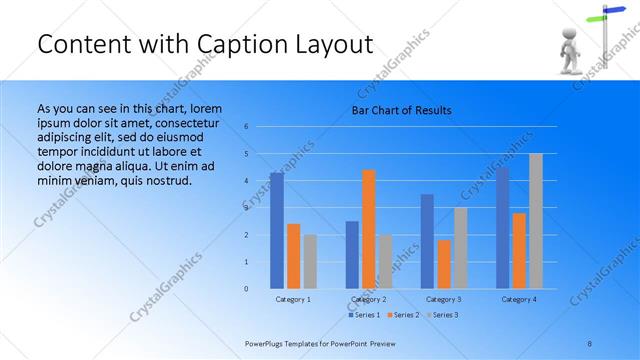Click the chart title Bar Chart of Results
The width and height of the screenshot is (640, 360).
400,110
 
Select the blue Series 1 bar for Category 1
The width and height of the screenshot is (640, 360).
277,230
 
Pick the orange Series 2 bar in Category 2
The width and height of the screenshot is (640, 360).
369,229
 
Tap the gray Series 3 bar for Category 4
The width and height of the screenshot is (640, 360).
536,221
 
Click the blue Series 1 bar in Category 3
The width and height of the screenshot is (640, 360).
427,241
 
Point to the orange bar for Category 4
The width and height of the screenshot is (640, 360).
519,250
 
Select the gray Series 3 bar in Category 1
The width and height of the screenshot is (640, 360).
310,261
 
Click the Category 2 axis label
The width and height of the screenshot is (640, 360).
369,299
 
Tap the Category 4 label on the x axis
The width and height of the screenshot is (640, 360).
519,299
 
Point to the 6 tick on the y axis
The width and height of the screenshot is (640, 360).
247,127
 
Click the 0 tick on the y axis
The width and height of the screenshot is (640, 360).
247,289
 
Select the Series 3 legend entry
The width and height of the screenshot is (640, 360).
444,315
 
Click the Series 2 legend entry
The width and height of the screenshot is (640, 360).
405,315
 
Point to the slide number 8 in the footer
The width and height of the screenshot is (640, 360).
590,342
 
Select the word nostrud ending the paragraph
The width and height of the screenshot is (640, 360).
165,180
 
